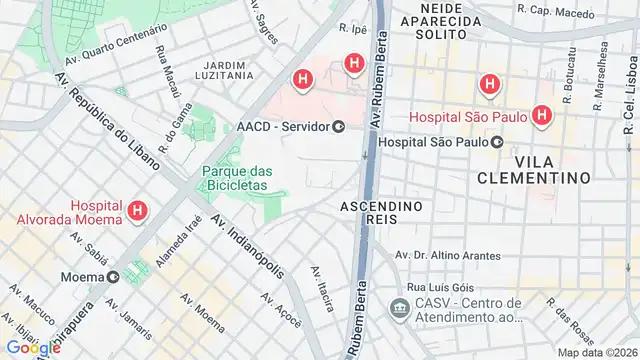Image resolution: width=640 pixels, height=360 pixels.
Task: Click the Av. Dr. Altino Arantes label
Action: (448, 256)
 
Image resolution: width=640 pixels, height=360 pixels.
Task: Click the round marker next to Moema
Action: (114, 276)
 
